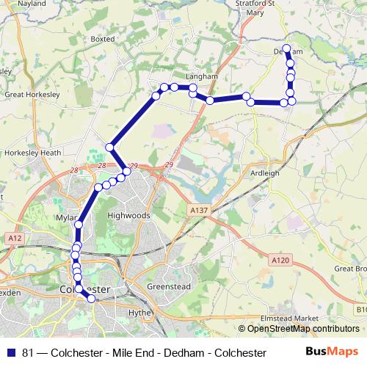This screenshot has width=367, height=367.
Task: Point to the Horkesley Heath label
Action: point(32,153)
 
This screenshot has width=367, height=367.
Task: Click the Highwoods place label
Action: point(128,216)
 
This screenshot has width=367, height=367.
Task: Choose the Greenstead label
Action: point(170,286)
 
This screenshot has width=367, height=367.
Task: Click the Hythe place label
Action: point(139,312)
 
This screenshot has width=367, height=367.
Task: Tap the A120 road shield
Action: point(278,260)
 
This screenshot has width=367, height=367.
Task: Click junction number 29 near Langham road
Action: point(169,166)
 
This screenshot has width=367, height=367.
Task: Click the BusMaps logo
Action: point(331,352)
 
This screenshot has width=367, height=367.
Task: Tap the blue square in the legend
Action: point(11,353)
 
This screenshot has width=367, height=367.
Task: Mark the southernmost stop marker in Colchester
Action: point(92,299)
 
